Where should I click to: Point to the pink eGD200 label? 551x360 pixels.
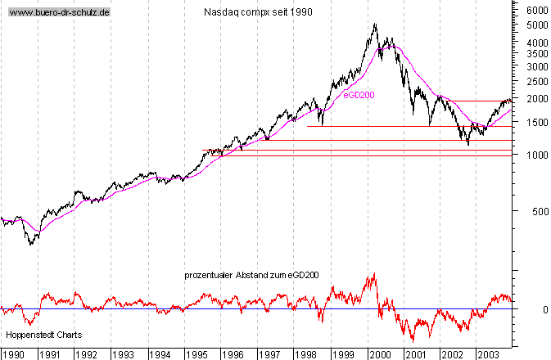[358, 95]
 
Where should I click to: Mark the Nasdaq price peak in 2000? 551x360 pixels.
[375, 24]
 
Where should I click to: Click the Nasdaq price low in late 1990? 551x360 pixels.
[31, 244]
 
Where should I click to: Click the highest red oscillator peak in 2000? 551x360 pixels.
[374, 274]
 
